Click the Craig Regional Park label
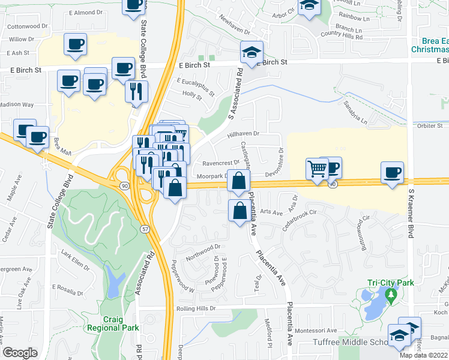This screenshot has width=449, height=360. [x=113, y=323]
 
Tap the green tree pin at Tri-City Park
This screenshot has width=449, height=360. [x=391, y=295]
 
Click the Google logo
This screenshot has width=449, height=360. [x=20, y=353]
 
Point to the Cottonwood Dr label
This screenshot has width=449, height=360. [x=28, y=26]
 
